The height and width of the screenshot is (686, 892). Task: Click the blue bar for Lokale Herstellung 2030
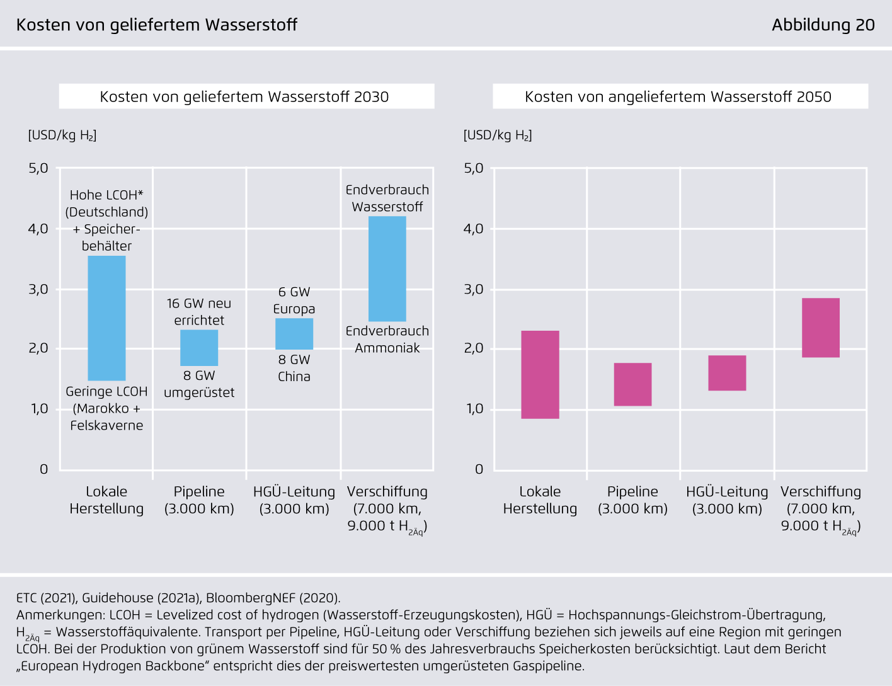click(106, 318)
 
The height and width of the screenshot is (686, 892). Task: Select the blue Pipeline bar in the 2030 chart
click(199, 348)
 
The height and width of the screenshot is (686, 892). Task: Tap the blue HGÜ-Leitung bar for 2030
click(294, 334)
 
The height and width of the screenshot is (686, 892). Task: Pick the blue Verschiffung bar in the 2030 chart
click(387, 269)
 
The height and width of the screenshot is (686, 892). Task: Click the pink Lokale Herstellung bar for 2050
click(540, 375)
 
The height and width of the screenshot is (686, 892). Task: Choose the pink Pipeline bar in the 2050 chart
click(632, 384)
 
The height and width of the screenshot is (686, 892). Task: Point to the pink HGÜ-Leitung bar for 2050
click(727, 373)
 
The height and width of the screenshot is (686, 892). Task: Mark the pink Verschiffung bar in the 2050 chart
click(821, 328)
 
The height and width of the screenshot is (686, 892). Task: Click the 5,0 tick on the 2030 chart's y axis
click(38, 168)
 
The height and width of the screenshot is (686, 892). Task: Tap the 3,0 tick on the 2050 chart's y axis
click(474, 290)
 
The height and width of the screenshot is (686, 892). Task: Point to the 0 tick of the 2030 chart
click(44, 469)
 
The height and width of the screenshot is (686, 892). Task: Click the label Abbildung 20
click(823, 25)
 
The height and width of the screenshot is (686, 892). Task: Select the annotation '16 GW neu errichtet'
click(199, 312)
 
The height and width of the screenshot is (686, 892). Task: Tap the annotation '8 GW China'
click(294, 368)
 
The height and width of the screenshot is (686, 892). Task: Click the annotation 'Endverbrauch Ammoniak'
click(387, 340)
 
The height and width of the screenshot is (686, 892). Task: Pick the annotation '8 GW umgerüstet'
click(199, 384)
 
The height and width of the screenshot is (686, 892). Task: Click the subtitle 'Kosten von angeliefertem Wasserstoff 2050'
click(678, 97)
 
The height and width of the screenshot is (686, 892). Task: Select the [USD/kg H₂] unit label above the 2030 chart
click(62, 135)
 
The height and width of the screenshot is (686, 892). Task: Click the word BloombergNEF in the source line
click(250, 598)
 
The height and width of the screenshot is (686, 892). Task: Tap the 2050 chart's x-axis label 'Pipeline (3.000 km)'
click(632, 500)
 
